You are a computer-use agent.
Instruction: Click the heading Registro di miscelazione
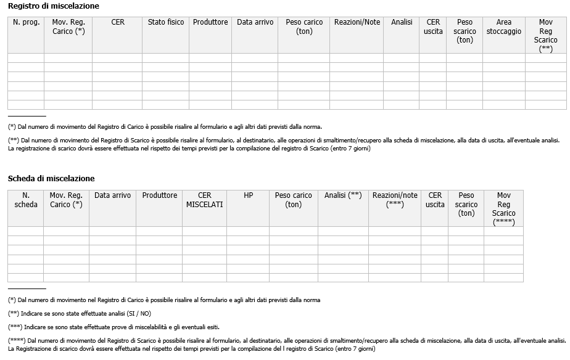tap(53, 6)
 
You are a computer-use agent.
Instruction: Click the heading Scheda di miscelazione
tap(51, 178)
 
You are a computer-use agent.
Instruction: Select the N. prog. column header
tap(25, 22)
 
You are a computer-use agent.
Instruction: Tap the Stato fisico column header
tap(166, 22)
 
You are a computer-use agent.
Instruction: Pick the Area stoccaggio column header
tap(503, 27)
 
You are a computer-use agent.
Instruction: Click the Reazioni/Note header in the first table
tap(357, 22)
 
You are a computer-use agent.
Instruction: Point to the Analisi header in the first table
tap(402, 22)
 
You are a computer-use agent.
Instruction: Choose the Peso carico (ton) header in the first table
tap(304, 27)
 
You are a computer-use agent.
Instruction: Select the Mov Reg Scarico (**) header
tap(545, 35)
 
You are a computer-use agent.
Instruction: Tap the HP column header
tap(248, 195)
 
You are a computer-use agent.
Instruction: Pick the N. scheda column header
tap(25, 200)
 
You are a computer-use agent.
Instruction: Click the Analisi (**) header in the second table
tap(343, 195)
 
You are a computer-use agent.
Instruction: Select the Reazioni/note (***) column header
tap(395, 200)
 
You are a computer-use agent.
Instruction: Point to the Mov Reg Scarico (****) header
tap(503, 208)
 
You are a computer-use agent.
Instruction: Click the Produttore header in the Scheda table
tap(160, 195)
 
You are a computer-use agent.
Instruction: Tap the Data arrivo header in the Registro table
tap(255, 22)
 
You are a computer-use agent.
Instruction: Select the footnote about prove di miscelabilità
tap(114, 327)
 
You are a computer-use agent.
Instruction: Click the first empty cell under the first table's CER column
tap(117, 58)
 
